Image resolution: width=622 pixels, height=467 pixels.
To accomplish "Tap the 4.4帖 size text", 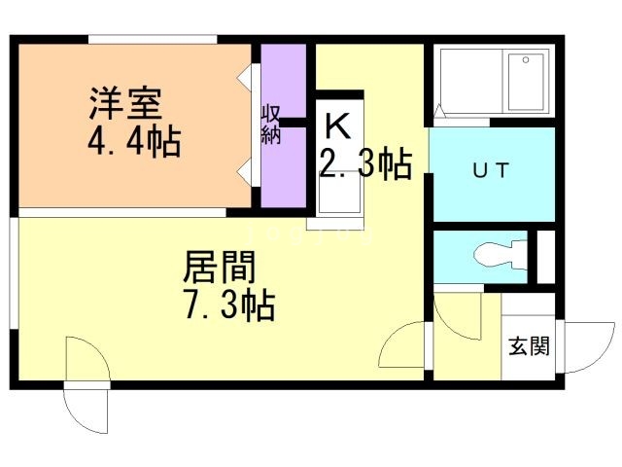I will (x=133, y=143).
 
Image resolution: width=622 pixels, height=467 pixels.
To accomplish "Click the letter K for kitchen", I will (x=336, y=126).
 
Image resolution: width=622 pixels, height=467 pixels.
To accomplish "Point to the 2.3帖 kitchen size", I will (x=364, y=163).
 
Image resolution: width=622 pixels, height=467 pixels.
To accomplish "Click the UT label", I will (x=490, y=170).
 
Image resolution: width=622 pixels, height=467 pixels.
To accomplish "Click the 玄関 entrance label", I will (x=529, y=345).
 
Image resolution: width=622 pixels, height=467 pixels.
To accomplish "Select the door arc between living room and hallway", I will (x=402, y=345).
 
